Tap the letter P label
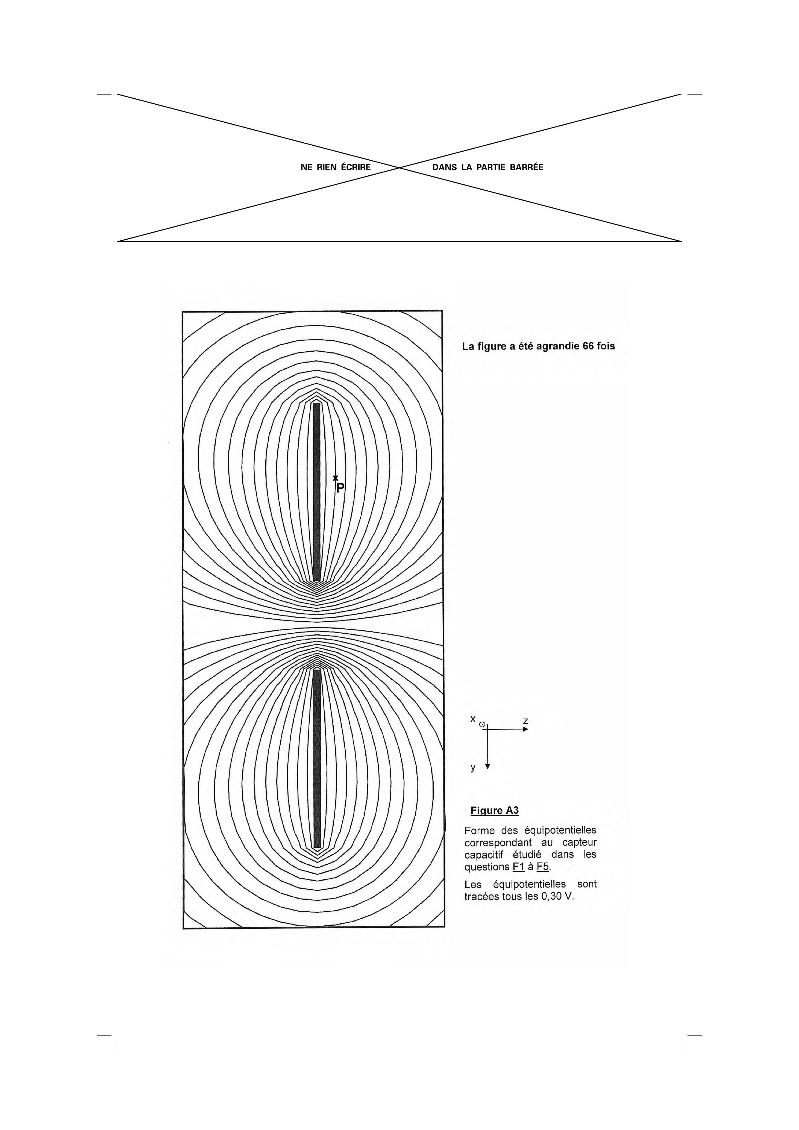[340, 488]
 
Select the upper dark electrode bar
[316, 492]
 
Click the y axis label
[473, 767]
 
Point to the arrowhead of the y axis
[487, 766]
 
